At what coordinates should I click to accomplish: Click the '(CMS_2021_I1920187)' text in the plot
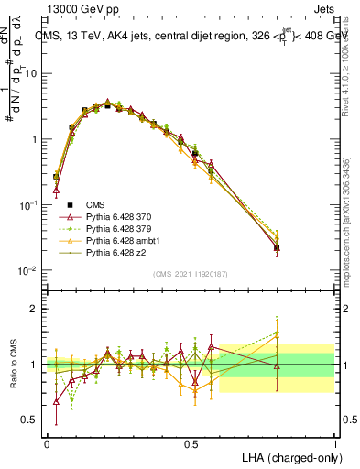tap(191, 274)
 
